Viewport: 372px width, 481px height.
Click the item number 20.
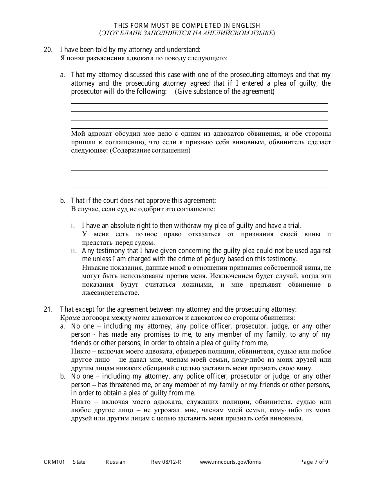point(48,50)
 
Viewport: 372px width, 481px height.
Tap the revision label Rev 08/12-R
point(166,462)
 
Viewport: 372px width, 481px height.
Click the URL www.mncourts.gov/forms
point(230,462)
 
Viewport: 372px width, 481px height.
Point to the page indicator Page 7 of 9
point(314,462)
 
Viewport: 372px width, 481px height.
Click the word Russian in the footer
point(116,462)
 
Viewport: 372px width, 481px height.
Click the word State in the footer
point(79,462)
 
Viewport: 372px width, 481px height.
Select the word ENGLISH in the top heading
point(246,26)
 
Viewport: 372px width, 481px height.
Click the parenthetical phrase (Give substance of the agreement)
point(224,92)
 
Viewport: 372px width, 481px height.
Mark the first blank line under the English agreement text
point(199,103)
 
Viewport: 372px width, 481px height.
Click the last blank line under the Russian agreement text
point(199,187)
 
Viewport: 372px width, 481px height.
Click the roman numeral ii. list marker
point(74,251)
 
